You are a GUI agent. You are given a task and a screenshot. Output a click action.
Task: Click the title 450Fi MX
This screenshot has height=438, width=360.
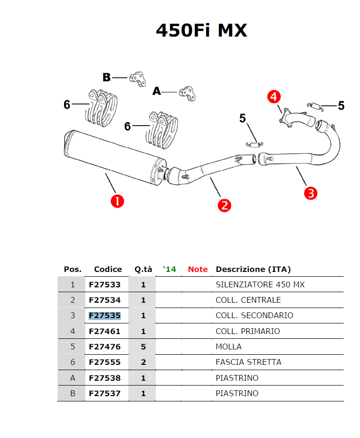click(201, 30)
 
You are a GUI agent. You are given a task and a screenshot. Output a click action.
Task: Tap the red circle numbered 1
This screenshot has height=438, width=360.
click(117, 200)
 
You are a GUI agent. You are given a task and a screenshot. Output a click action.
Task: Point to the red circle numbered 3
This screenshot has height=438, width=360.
click(311, 193)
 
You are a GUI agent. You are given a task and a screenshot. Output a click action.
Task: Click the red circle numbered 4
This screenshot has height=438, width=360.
click(273, 97)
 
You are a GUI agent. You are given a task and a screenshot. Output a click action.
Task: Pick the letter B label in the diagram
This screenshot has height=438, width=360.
click(106, 77)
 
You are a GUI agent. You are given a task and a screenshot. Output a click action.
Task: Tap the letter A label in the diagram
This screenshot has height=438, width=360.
click(156, 91)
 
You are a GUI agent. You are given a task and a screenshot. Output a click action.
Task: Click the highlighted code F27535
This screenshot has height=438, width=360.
click(104, 316)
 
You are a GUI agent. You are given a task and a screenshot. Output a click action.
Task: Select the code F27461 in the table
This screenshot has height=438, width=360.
click(104, 331)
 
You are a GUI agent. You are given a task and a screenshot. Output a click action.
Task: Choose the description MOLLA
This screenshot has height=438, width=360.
click(229, 347)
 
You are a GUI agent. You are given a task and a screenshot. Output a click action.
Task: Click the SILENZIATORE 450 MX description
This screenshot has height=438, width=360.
click(260, 284)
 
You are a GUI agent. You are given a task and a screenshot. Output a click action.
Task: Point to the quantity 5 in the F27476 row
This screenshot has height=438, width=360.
click(143, 347)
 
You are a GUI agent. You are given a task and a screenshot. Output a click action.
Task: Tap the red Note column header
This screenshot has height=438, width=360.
click(198, 269)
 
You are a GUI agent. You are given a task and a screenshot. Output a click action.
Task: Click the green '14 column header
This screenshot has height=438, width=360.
click(169, 269)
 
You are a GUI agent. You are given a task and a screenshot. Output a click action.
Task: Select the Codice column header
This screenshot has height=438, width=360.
click(108, 269)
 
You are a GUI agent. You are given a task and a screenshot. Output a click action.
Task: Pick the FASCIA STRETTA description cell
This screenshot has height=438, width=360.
click(248, 362)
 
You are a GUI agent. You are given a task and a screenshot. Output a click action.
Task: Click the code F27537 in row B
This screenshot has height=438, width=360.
click(104, 393)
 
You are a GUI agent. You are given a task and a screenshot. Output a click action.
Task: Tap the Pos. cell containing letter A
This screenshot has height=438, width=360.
click(73, 378)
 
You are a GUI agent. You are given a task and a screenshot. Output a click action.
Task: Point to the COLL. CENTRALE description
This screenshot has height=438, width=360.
click(248, 300)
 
